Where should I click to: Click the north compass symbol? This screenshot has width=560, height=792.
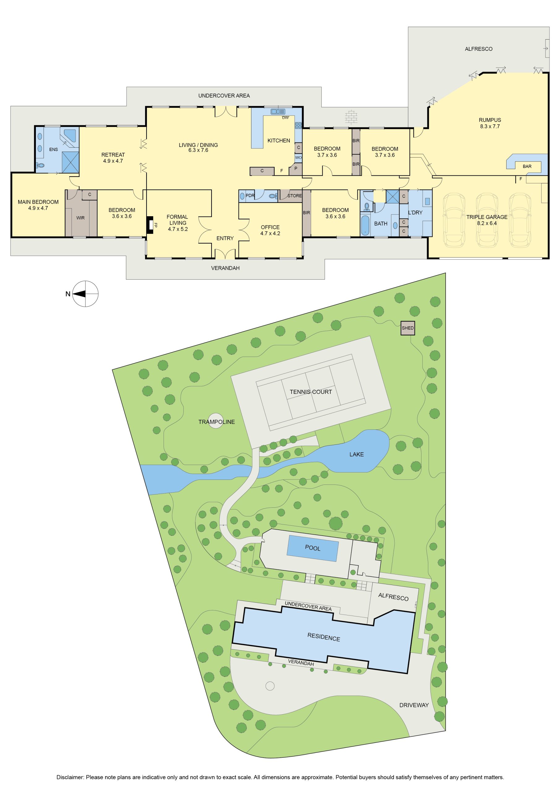85,294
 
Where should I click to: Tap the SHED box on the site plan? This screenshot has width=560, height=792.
408,328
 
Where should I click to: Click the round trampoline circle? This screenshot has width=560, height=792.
216,421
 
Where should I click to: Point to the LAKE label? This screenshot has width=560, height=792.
357,454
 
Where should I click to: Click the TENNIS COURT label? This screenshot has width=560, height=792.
311,392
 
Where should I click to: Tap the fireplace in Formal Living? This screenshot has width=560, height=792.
150,225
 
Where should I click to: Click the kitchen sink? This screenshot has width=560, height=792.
278,111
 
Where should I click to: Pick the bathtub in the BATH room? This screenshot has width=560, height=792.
365,225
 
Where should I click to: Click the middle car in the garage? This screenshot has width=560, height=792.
486,220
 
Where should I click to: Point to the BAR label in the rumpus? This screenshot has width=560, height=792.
527,166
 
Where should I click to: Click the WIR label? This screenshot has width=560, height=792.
80,218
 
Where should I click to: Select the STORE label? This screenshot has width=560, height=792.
294,196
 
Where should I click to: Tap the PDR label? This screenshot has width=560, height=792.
250,196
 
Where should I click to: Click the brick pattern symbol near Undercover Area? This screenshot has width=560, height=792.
351,116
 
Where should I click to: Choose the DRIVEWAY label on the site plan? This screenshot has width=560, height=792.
414,705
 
